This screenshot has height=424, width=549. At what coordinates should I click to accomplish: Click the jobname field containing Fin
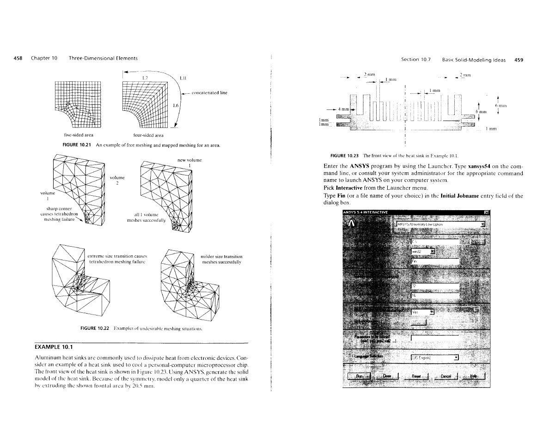[434, 261]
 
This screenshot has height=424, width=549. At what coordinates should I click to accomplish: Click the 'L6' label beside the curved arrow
[175, 106]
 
